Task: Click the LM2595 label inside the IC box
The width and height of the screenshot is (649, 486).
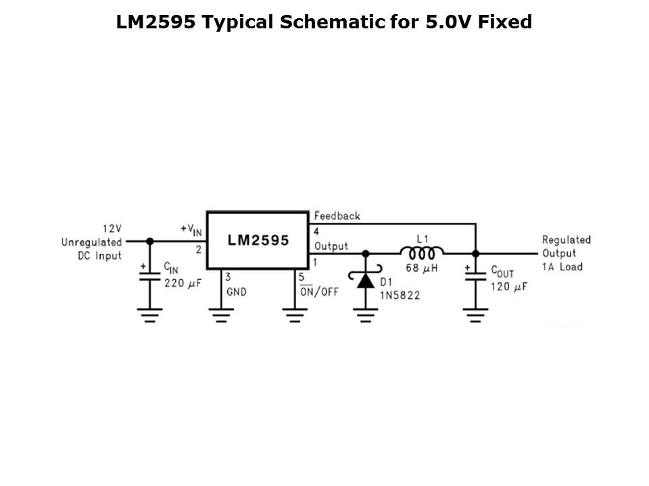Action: (258, 240)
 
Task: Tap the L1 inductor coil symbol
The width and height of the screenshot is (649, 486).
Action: (422, 253)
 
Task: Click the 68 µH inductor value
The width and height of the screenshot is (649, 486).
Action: (421, 268)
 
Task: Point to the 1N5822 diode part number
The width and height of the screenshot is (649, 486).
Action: (400, 295)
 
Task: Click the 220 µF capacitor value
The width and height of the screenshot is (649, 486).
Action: (183, 283)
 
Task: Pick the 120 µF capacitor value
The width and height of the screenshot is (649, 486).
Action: (509, 287)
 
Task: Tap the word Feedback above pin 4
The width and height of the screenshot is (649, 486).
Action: (337, 216)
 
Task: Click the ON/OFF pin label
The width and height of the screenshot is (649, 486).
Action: (319, 292)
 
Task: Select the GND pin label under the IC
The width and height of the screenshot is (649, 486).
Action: (237, 292)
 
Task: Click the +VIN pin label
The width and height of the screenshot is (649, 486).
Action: (191, 230)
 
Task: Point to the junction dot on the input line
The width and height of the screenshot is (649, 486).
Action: (150, 242)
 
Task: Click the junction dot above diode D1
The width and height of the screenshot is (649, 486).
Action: (366, 253)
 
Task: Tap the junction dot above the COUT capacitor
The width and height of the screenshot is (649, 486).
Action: (475, 253)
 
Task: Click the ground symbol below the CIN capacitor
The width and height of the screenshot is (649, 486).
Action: (150, 315)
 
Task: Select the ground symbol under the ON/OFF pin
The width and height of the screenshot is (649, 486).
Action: (295, 315)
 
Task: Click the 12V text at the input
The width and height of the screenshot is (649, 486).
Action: (112, 229)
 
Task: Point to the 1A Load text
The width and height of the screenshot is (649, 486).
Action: (562, 267)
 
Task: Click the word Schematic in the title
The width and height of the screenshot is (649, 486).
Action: (332, 22)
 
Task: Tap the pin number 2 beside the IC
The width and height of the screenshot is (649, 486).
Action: (199, 250)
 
